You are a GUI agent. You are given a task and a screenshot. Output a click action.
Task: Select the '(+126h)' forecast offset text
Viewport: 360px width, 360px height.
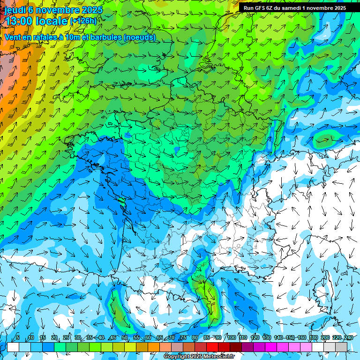coord(83,21)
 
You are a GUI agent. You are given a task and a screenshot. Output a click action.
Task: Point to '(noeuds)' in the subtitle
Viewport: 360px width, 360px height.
coord(140,37)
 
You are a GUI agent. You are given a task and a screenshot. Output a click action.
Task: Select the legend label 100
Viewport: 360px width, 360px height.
coord(231,338)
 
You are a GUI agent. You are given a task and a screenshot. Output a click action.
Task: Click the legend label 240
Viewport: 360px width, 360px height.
coord(349,338)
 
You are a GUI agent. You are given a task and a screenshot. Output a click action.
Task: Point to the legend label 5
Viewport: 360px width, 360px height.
coord(17,338)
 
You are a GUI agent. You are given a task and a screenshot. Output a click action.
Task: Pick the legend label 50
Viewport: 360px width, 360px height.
coord(124,338)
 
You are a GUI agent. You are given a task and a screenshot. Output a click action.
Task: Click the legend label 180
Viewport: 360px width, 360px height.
coord(313,338)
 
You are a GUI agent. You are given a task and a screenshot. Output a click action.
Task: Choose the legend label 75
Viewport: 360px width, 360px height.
coord(183,338)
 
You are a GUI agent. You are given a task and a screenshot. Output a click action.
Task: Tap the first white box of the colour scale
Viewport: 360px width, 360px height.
coord(13,347)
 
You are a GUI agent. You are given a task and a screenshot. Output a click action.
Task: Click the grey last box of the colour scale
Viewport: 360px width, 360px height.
coord(341,347)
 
